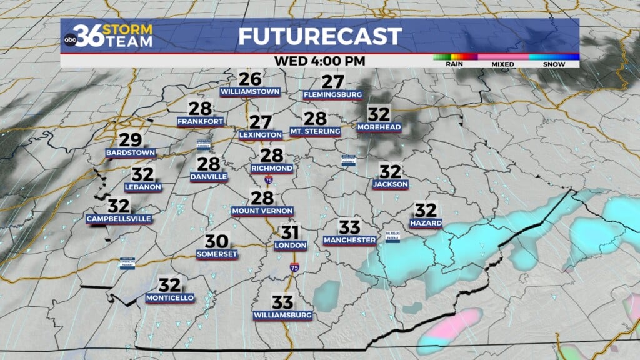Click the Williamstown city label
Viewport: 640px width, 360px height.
coord(250,92)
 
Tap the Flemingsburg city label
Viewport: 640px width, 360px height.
coord(332,95)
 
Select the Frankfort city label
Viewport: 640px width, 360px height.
coord(200,121)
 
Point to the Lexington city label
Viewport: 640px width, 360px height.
coord(260,135)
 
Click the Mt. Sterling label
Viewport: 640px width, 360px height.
coord(315,131)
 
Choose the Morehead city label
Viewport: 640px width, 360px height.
coord(379,127)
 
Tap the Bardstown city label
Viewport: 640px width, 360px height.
coord(131,152)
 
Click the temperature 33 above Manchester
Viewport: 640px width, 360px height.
coord(350,227)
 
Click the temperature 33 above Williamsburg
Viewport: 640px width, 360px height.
coord(282,303)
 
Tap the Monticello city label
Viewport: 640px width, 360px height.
coord(170,298)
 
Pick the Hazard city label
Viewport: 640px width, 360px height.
coord(426,223)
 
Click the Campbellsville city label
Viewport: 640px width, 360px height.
coord(118,219)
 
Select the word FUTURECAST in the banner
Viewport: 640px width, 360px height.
coord(319,36)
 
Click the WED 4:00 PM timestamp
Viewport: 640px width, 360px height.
coord(319,61)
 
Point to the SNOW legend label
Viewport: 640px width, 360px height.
coord(554,64)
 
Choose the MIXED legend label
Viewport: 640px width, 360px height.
coord(502,64)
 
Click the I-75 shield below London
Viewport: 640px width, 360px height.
coord(294,267)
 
